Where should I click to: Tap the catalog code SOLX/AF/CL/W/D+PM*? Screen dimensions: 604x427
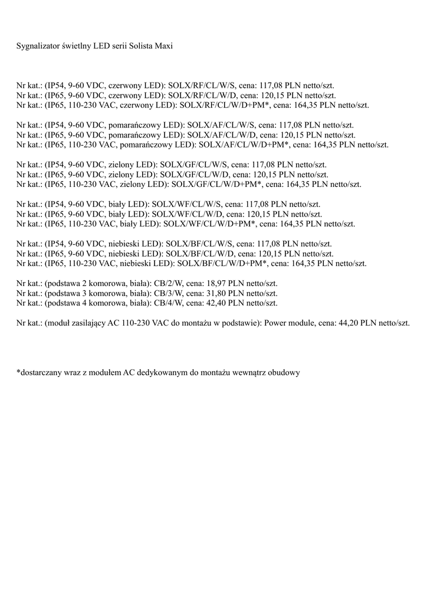(x=244, y=145)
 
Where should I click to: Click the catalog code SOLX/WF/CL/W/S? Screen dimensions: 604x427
(x=186, y=204)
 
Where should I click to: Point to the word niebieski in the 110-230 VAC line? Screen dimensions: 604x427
(x=142, y=263)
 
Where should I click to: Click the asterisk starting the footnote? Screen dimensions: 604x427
(x=18, y=372)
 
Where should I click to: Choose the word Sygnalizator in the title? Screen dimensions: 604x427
(x=37, y=45)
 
